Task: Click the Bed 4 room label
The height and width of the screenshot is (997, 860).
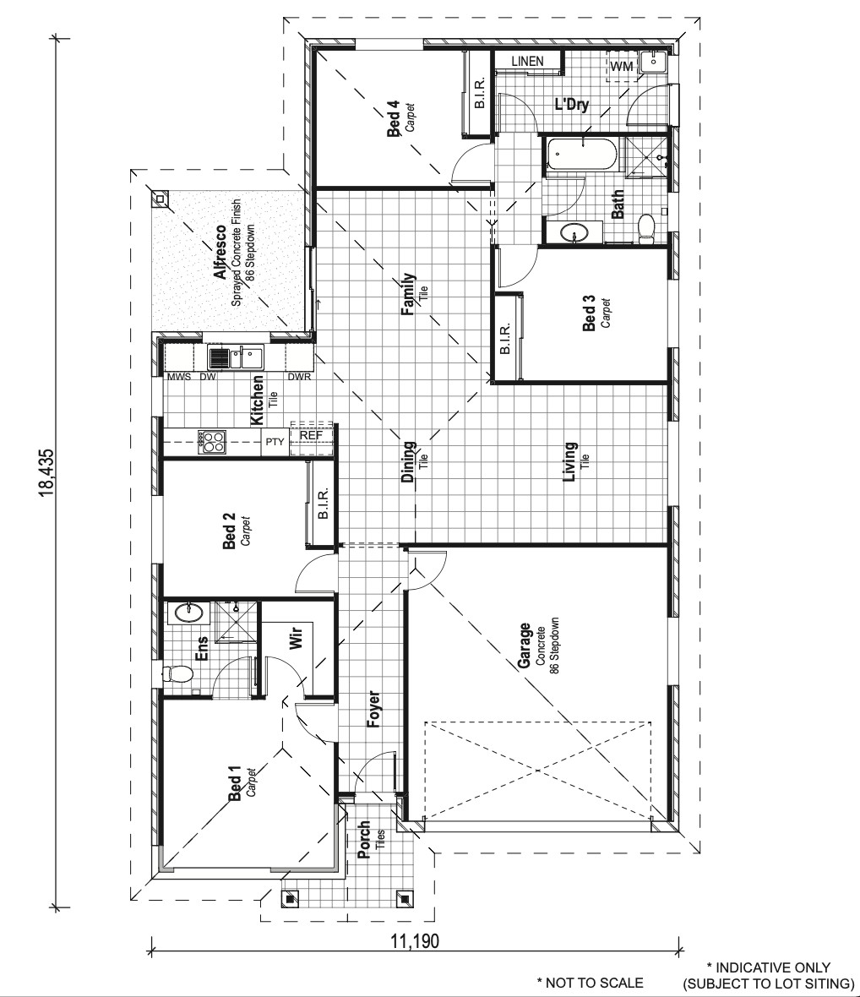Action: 394,119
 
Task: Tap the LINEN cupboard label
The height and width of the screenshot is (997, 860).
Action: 527,62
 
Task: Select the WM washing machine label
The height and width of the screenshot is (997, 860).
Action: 621,66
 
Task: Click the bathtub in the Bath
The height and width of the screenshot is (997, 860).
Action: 582,155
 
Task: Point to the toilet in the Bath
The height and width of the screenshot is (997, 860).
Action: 647,228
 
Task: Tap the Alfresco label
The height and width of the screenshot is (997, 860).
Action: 220,253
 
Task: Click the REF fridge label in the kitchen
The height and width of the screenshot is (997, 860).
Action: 311,437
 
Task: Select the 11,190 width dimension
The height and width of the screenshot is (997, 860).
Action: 414,940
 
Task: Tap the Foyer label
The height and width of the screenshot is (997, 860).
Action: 373,710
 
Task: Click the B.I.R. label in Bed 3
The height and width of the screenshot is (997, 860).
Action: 505,340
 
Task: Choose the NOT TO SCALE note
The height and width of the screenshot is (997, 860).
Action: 590,983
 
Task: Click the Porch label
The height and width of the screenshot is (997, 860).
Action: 364,840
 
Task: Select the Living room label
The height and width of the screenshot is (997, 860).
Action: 570,461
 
